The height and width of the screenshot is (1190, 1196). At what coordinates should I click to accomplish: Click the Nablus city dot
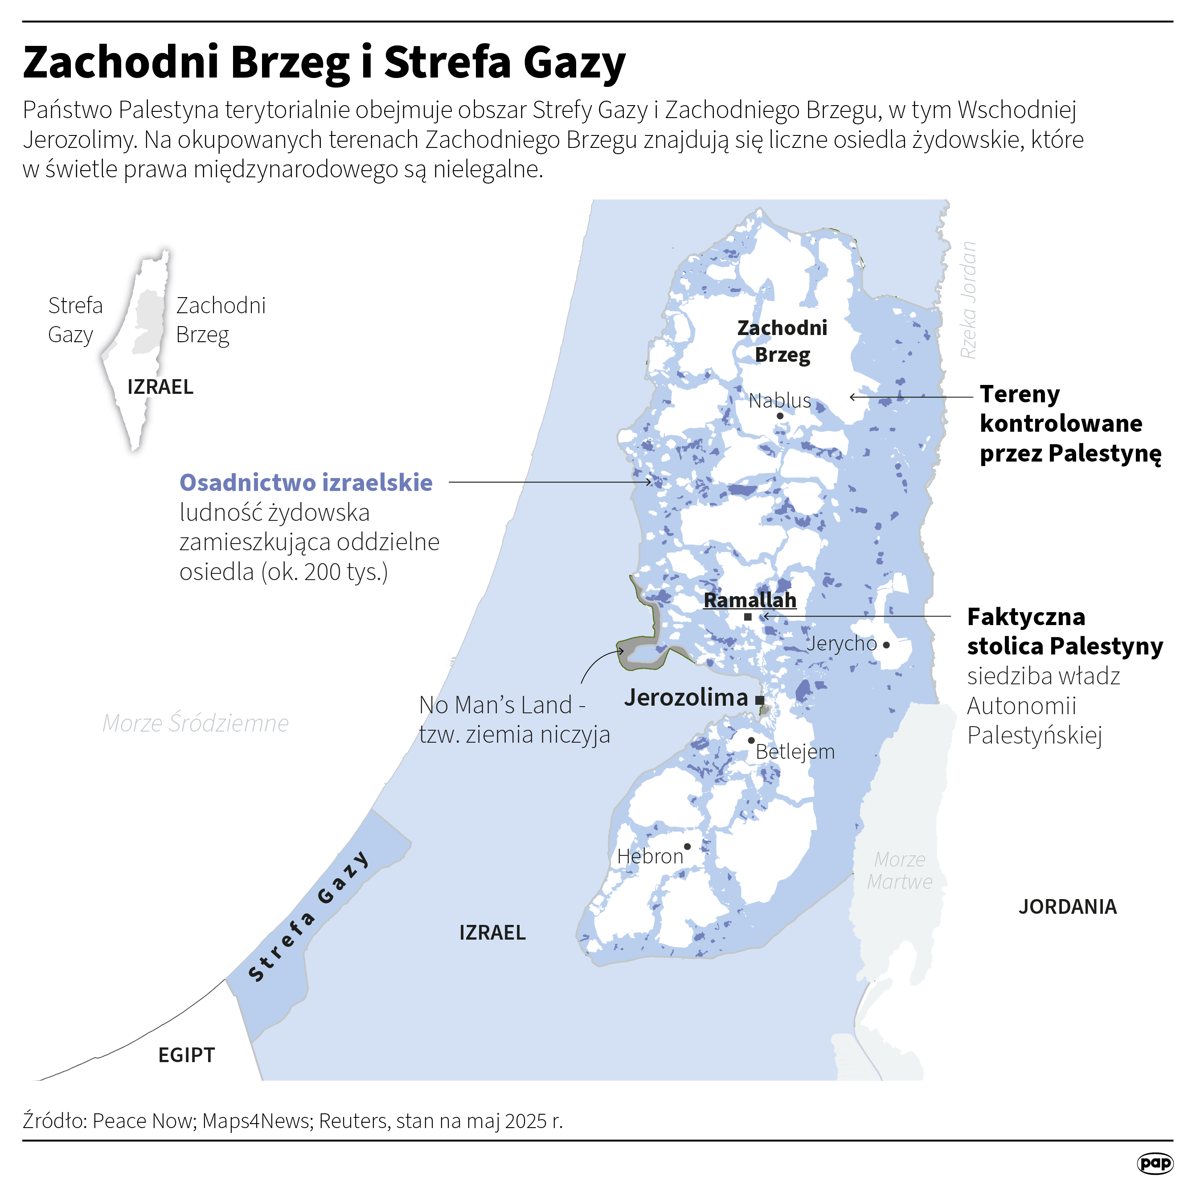(780, 416)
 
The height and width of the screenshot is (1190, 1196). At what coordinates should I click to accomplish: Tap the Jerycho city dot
(886, 645)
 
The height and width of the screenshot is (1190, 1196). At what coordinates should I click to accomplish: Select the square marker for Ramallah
(748, 617)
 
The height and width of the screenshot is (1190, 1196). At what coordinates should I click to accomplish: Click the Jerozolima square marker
(760, 700)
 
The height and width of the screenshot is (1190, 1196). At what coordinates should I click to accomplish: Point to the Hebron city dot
(687, 846)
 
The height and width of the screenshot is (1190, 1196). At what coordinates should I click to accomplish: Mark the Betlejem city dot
(751, 740)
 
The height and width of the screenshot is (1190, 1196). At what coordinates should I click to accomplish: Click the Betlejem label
(795, 752)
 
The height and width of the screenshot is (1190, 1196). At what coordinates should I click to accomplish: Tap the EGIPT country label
(186, 1055)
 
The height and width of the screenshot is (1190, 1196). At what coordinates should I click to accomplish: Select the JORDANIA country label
(1067, 907)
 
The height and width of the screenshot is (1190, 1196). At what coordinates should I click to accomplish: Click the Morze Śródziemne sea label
(196, 723)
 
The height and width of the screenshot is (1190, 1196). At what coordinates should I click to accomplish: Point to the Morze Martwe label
(900, 870)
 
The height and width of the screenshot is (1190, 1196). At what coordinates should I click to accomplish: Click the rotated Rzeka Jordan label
(968, 300)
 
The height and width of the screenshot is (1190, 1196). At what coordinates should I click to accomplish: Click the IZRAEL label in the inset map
(160, 387)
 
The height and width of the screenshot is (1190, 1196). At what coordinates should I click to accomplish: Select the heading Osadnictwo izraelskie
(306, 483)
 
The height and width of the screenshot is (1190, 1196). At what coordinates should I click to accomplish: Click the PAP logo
(1155, 1163)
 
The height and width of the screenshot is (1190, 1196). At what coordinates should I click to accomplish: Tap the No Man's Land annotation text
(514, 720)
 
